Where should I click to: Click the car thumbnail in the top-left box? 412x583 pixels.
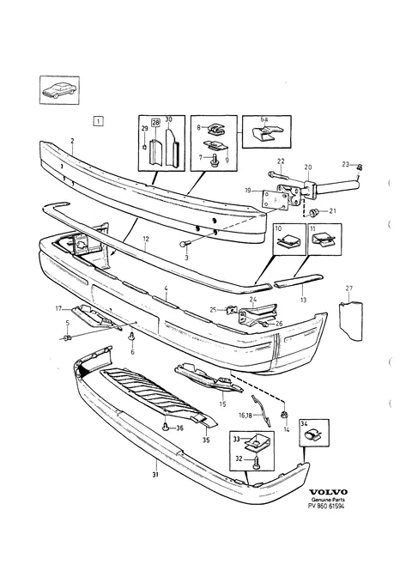[59, 90]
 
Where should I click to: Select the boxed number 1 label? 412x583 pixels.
[98, 121]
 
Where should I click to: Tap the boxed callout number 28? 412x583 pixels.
[154, 122]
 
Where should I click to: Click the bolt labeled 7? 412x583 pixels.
[215, 161]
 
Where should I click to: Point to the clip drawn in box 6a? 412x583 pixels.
[267, 133]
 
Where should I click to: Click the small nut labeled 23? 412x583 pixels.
[360, 167]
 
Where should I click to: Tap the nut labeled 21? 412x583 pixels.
[314, 212]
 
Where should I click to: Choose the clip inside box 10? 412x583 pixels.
[288, 242]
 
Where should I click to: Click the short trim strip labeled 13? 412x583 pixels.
[299, 281]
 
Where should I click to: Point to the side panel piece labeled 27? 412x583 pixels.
[351, 319]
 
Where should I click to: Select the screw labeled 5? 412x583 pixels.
[68, 338]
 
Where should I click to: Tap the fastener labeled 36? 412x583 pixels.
[166, 428]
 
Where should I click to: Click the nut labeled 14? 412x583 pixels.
[284, 416]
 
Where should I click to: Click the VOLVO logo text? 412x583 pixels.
[329, 492]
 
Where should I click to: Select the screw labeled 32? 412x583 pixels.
[257, 463]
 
